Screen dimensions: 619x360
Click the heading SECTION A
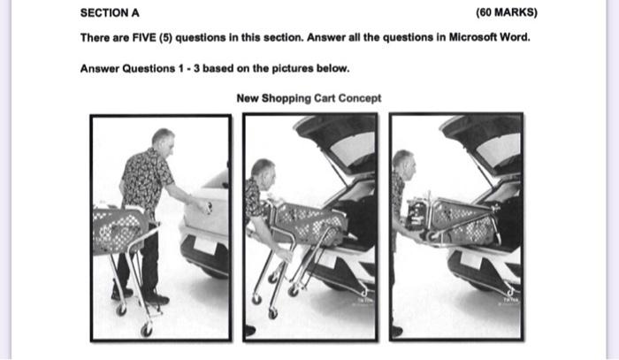[x=110, y=13]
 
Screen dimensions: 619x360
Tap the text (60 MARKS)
[x=507, y=12]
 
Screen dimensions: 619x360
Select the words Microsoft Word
[x=490, y=37]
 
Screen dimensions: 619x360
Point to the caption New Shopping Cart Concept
[x=309, y=98]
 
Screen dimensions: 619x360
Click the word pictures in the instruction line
[x=293, y=68]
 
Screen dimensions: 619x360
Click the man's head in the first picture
[x=163, y=141]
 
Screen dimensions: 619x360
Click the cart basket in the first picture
[x=118, y=231]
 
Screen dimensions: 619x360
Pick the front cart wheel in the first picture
[x=147, y=330]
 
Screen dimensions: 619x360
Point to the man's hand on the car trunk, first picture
[x=204, y=207]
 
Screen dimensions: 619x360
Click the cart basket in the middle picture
[x=311, y=223]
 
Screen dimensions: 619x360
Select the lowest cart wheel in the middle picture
[x=272, y=313]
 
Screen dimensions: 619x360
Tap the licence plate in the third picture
[x=472, y=260]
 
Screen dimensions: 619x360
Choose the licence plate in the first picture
[x=206, y=245]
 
